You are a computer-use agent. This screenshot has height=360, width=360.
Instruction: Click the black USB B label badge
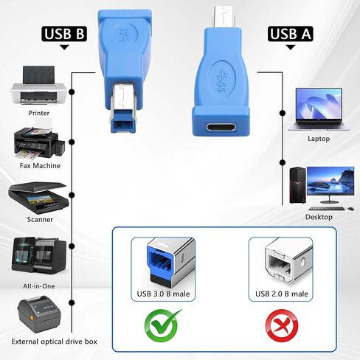pyautogui.click(x=64, y=33)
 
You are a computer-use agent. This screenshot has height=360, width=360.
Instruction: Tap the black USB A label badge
pyautogui.click(x=291, y=33)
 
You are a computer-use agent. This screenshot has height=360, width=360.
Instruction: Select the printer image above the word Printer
pyautogui.click(x=38, y=86)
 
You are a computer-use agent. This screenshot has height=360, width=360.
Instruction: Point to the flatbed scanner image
pyautogui.click(x=38, y=198)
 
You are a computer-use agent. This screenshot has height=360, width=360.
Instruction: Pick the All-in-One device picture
pyautogui.click(x=39, y=255)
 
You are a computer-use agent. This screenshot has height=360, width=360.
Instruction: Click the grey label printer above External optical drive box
pyautogui.click(x=39, y=314)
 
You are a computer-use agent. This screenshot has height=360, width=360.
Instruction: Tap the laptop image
pyautogui.click(x=319, y=109)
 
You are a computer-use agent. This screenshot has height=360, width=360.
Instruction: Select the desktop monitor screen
pyautogui.click(x=330, y=181)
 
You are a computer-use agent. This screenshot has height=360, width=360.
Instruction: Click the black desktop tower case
pyautogui.click(x=297, y=185)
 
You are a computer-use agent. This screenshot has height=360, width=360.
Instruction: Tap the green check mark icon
pyautogui.click(x=162, y=325)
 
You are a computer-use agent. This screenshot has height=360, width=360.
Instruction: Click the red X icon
pyautogui.click(x=282, y=325)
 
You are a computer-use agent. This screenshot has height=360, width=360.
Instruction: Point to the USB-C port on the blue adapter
pyautogui.click(x=221, y=128)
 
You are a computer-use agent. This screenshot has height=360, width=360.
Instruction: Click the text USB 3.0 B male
pyautogui.click(x=163, y=294)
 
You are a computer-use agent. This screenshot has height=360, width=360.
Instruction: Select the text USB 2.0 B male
pyautogui.click(x=282, y=294)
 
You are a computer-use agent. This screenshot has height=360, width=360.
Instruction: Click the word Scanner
pyautogui.click(x=40, y=219)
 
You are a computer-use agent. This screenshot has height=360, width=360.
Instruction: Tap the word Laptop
pyautogui.click(x=319, y=139)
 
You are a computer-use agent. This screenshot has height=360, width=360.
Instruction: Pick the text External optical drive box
pyautogui.click(x=55, y=342)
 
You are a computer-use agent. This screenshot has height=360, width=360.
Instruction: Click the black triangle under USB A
pyautogui.click(x=291, y=47)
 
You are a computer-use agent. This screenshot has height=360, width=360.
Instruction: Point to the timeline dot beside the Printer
pyautogui.click(x=72, y=92)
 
